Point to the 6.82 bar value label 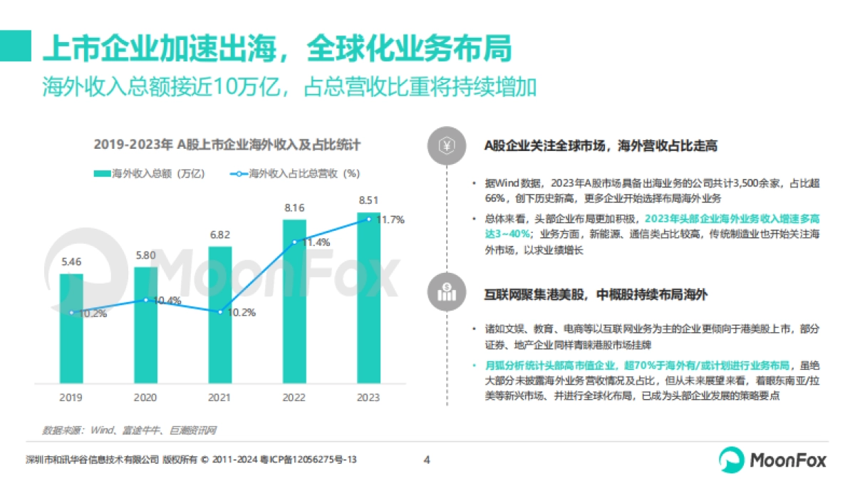(x=219, y=234)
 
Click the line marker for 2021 (x=220, y=312)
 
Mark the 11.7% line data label (x=390, y=220)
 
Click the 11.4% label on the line (x=316, y=242)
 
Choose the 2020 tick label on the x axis (x=145, y=397)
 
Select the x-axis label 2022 (x=294, y=397)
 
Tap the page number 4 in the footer (x=427, y=460)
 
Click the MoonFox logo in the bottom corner (x=772, y=460)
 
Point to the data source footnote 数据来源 (x=129, y=430)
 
